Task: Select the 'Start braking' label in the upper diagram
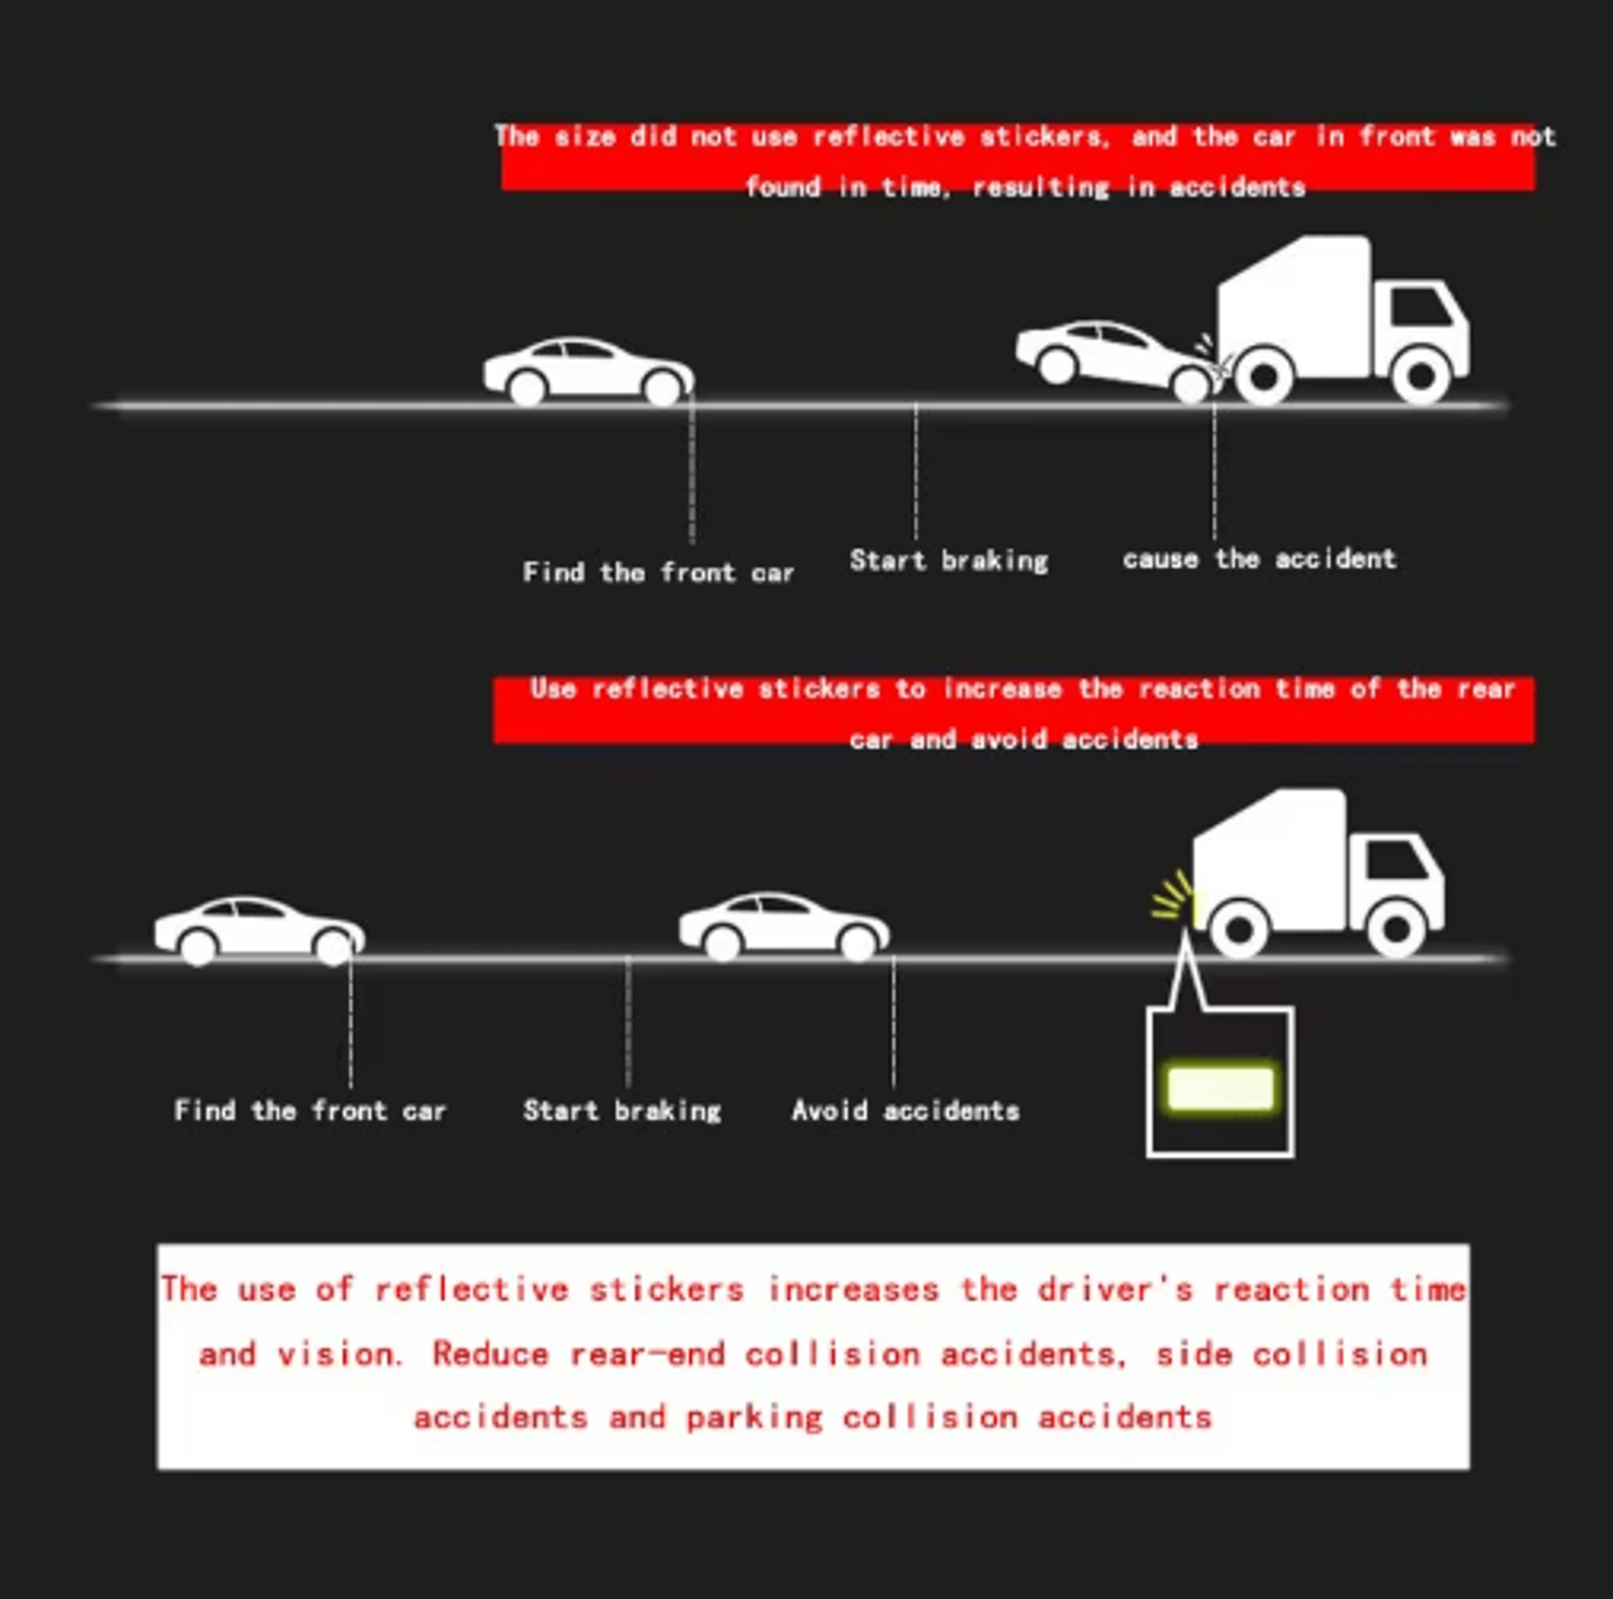click(x=948, y=561)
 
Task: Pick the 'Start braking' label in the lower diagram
click(x=622, y=1111)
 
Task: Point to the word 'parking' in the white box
click(x=754, y=1417)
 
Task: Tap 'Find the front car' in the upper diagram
click(x=658, y=573)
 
